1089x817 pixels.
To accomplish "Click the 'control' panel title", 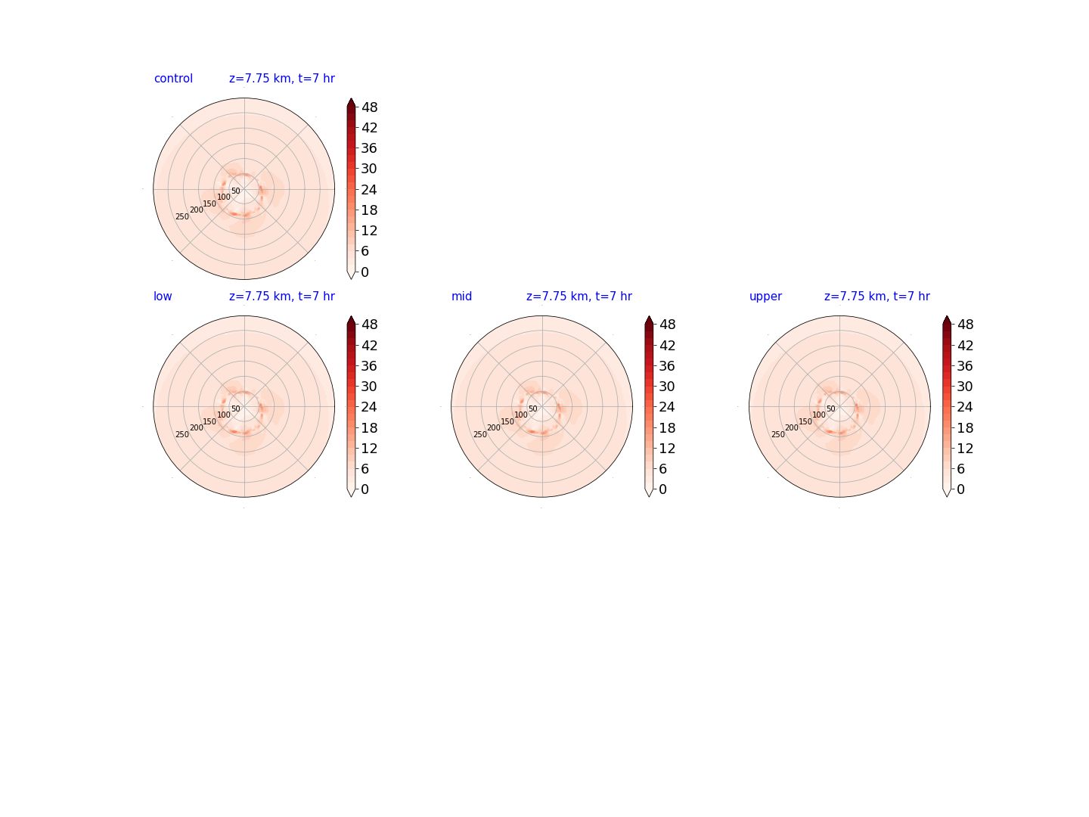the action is coord(173,79).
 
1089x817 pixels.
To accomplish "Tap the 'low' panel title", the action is coord(163,296).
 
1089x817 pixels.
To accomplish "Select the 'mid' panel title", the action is coord(461,296).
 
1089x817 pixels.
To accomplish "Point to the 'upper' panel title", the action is coord(765,297).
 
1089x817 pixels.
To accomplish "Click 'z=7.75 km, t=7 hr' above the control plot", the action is coord(282,79).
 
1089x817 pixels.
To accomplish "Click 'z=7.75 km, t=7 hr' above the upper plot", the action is coord(876,296).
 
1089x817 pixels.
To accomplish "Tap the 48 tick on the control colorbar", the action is coord(369,107).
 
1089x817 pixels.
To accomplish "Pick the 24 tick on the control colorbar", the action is coord(369,189).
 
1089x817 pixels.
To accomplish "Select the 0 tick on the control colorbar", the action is coord(365,272).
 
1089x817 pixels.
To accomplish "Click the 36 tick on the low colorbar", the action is coord(369,365).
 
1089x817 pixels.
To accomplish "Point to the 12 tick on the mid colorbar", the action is coord(667,449).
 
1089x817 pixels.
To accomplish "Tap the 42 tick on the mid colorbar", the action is coord(667,345).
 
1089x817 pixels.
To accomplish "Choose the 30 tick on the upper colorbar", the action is coord(965,387).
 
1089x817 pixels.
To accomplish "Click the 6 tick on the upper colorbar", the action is coord(960,469).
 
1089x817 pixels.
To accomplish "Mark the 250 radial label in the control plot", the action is coord(182,217).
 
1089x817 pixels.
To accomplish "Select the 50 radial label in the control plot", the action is coord(236,191).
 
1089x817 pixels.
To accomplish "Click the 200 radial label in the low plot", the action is coord(197,427).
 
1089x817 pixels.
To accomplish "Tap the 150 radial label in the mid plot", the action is coord(507,421).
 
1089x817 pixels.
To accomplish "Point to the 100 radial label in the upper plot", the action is coord(818,415).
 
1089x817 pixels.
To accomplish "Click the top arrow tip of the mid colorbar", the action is coord(648,316).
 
